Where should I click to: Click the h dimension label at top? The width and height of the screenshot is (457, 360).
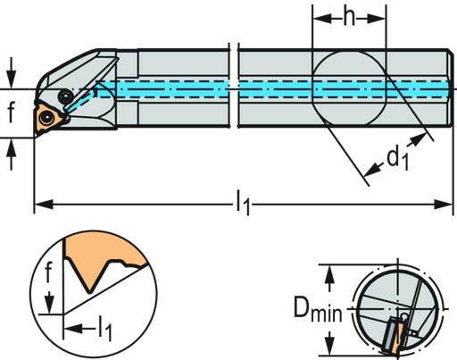click(x=349, y=18)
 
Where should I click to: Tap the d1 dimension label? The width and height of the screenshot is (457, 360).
click(x=398, y=158)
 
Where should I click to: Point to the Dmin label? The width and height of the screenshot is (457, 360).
click(x=318, y=308)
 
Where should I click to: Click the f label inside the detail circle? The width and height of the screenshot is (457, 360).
click(x=48, y=272)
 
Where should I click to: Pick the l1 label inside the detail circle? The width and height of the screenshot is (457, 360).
click(x=105, y=328)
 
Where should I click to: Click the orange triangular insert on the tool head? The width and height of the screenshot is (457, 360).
click(x=48, y=120)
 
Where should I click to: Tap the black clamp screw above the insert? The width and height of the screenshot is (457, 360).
click(x=65, y=96)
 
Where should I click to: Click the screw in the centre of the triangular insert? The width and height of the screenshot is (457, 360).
click(x=46, y=119)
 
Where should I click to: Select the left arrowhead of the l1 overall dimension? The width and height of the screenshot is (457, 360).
click(x=44, y=205)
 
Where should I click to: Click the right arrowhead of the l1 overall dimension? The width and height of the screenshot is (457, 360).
click(x=443, y=205)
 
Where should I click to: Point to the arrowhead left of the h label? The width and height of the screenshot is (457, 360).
click(x=322, y=19)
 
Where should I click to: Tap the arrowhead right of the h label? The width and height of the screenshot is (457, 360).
click(x=377, y=19)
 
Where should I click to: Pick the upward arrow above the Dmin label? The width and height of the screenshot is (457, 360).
click(x=329, y=278)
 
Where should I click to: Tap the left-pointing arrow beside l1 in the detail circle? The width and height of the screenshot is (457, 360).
click(x=79, y=329)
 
